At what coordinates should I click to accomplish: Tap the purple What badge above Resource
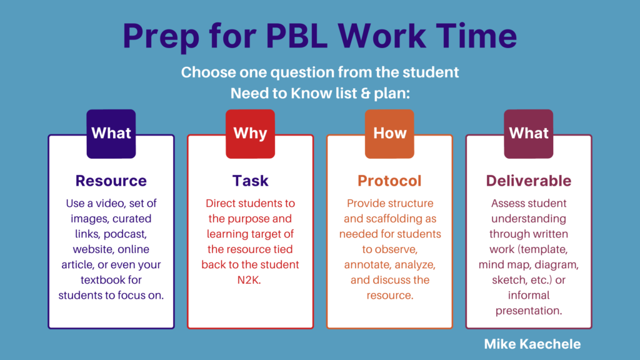(111, 134)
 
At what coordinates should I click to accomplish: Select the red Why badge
(250, 134)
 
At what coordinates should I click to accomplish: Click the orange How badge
(389, 134)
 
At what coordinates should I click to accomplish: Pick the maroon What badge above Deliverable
(529, 134)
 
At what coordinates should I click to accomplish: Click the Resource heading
(111, 181)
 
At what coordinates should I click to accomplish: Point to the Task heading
(250, 181)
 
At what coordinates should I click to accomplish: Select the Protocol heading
(389, 181)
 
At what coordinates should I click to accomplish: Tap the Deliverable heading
(529, 181)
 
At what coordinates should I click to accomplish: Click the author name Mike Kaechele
(532, 344)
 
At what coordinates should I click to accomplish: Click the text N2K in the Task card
(249, 280)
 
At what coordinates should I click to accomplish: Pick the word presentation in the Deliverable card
(529, 311)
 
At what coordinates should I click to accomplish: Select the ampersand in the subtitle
(365, 94)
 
